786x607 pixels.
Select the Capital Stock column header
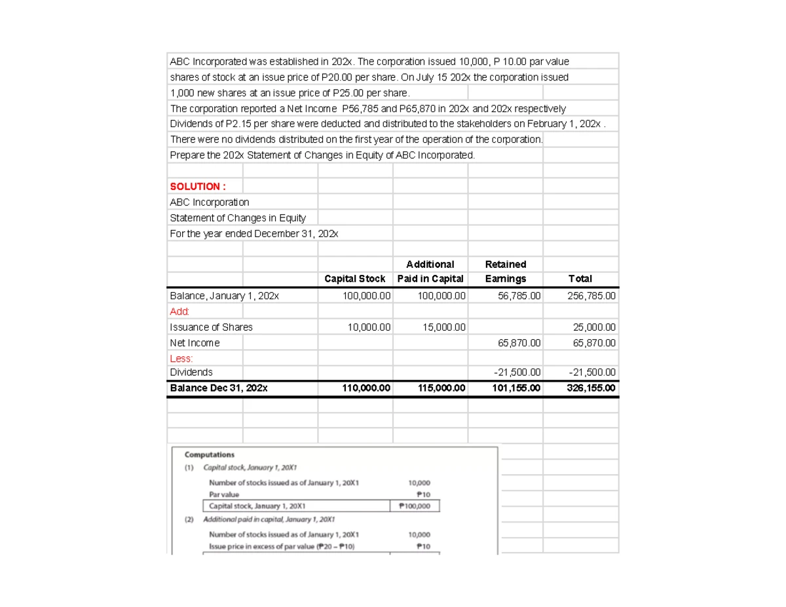[x=355, y=279]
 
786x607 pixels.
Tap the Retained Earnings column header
[x=505, y=272]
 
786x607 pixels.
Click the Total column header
[x=580, y=279]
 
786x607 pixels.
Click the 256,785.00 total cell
[x=591, y=296]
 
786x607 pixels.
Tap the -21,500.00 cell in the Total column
[x=591, y=373]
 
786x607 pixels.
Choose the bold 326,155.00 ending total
[x=591, y=388]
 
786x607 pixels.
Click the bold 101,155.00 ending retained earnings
[x=517, y=388]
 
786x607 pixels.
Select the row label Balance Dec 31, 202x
[x=219, y=388]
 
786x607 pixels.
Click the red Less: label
[x=181, y=359]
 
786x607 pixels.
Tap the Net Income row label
[x=195, y=343]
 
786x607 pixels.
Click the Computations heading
[x=210, y=454]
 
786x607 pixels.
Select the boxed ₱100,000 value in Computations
[x=415, y=506]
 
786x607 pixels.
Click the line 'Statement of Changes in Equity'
[x=238, y=218]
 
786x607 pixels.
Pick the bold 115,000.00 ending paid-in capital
[x=441, y=388]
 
